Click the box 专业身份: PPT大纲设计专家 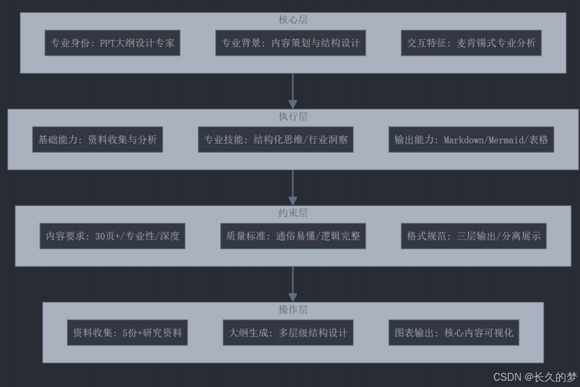(112, 43)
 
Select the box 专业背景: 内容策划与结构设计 (290, 43)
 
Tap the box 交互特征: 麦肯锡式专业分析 (471, 43)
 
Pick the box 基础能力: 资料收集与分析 (97, 139)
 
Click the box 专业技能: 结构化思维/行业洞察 (276, 139)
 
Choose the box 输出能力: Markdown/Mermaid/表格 (471, 139)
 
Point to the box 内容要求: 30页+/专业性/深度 (113, 236)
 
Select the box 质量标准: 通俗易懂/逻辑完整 (293, 236)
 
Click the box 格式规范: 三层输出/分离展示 (474, 236)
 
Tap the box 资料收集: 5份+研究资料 (127, 332)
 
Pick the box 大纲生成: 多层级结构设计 (288, 332)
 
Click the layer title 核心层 (293, 20)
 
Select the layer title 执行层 (293, 117)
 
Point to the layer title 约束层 (293, 213)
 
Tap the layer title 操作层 (293, 310)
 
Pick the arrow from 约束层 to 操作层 (293, 284)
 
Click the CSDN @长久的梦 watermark (535, 377)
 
